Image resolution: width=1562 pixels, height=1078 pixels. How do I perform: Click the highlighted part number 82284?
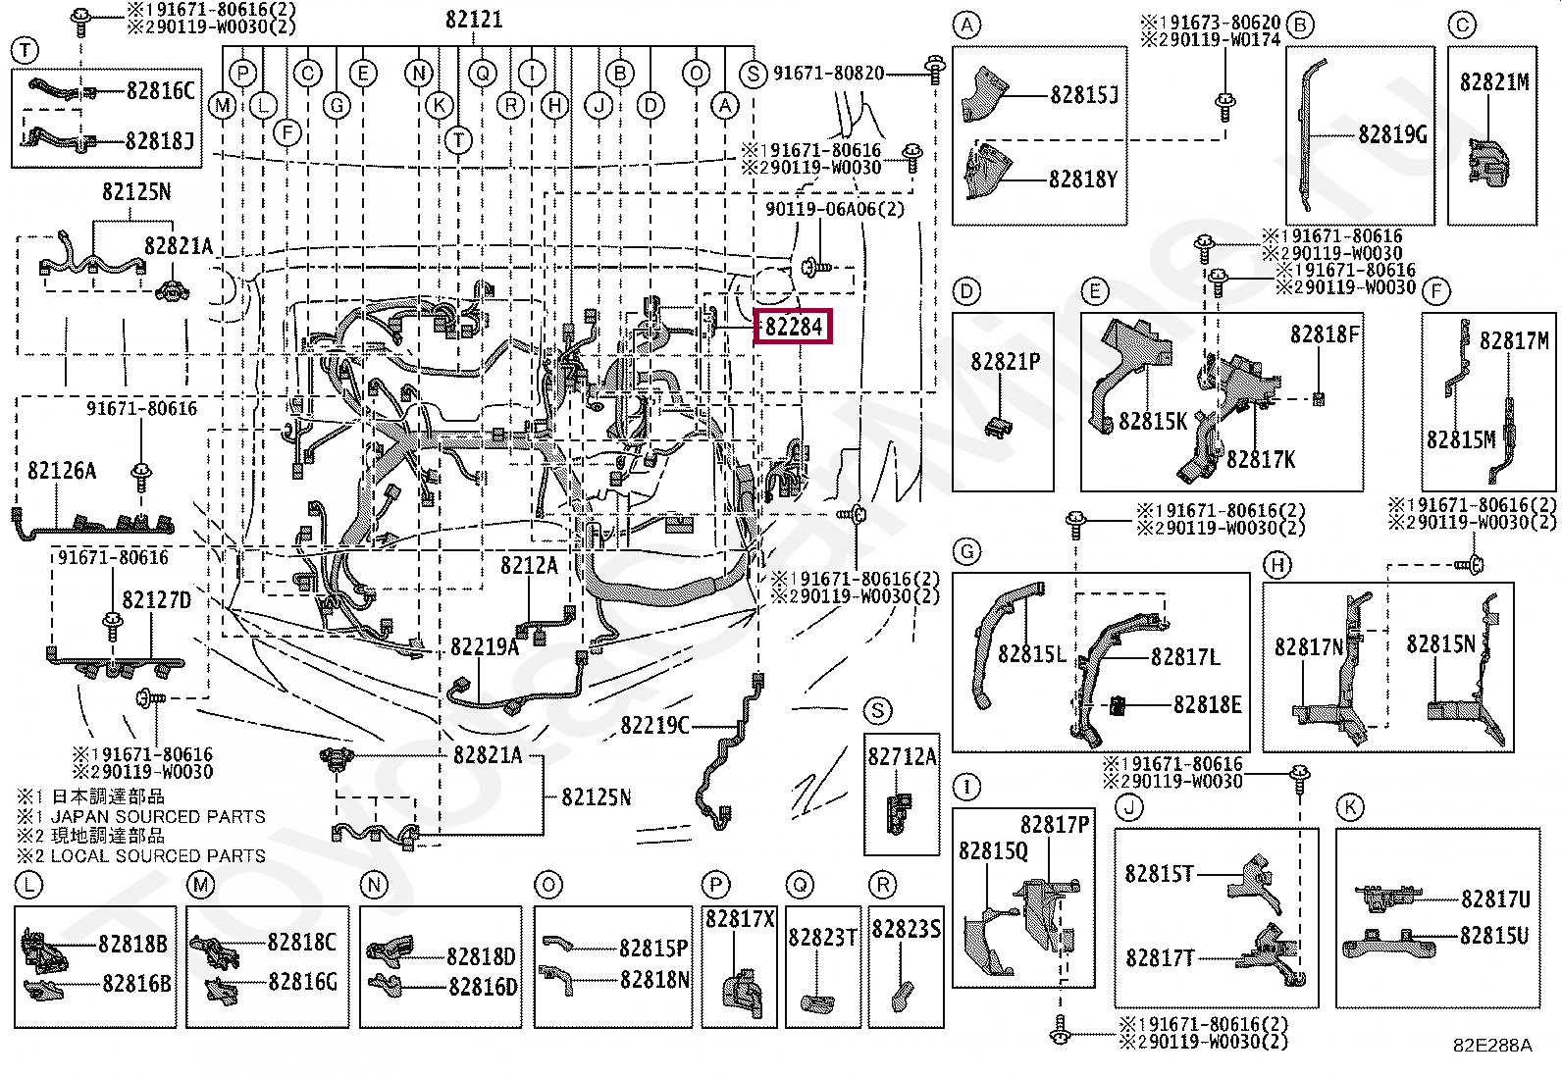coord(793,326)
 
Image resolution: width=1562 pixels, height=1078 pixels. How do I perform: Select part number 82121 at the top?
coord(474,19)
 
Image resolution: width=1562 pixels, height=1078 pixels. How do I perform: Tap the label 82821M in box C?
coord(1493,82)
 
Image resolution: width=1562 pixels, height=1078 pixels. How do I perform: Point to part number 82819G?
coord(1392,134)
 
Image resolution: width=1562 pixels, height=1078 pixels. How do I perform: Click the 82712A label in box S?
coord(902,756)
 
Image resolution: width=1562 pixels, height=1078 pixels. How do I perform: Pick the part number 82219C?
coord(654,725)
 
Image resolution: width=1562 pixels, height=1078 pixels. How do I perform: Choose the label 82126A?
coord(62,471)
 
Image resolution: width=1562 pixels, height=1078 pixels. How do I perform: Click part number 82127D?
coord(156,599)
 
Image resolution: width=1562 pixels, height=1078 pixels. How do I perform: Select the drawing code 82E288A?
coord(1491,1046)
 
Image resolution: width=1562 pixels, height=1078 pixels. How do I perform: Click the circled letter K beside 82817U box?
coord(1350,807)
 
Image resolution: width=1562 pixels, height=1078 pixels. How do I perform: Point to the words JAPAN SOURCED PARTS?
coord(158,816)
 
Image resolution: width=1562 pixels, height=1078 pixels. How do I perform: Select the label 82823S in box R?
coord(906,928)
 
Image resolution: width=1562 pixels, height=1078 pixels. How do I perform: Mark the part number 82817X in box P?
coord(740,919)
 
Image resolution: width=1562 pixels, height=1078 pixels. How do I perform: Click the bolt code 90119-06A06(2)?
coord(835,209)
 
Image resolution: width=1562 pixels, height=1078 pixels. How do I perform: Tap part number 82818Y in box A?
coord(1082,180)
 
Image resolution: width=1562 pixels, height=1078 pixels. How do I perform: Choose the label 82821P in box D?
coord(1005,362)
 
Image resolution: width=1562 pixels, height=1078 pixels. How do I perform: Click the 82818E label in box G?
coord(1207,704)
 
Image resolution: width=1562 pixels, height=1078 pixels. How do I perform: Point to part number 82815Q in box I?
coord(993,850)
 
